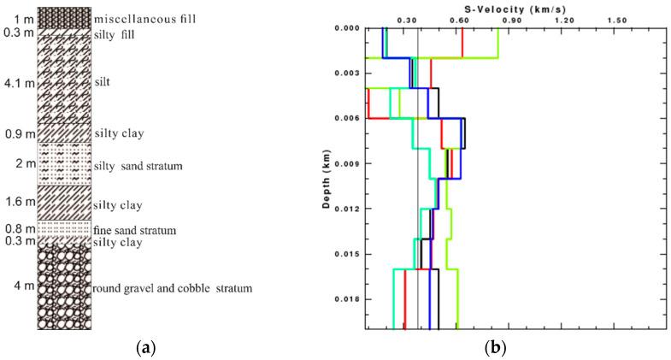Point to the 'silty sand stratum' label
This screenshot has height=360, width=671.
click(138, 165)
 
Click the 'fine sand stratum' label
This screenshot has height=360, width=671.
click(135, 230)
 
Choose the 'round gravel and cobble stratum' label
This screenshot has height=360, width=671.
click(173, 288)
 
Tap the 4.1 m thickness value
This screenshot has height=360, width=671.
click(17, 84)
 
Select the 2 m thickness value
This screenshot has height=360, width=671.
click(21, 163)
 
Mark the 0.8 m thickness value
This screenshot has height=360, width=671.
click(18, 228)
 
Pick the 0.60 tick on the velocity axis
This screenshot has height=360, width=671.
click(460, 19)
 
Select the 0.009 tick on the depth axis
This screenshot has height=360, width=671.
click(345, 163)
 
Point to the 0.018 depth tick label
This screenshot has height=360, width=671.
click(345, 299)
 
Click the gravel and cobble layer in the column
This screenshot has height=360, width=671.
click(63, 288)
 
